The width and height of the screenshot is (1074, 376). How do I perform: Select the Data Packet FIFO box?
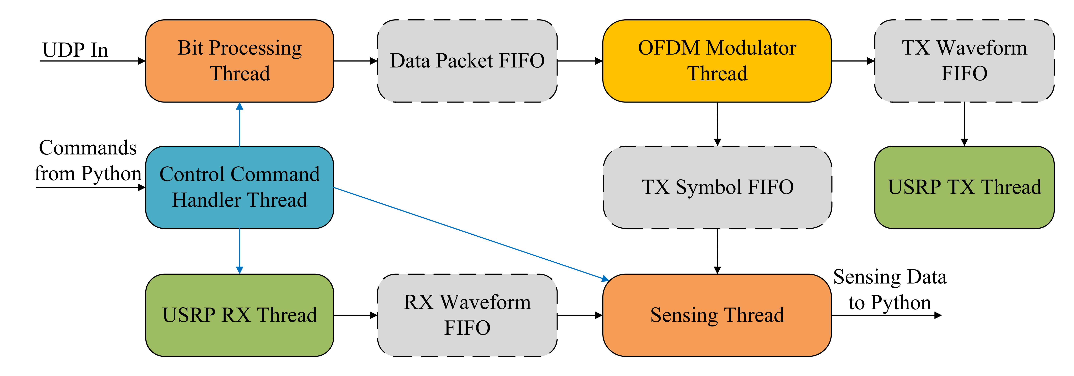pyautogui.click(x=467, y=61)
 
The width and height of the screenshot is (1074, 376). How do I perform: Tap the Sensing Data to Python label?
pyautogui.click(x=890, y=290)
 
